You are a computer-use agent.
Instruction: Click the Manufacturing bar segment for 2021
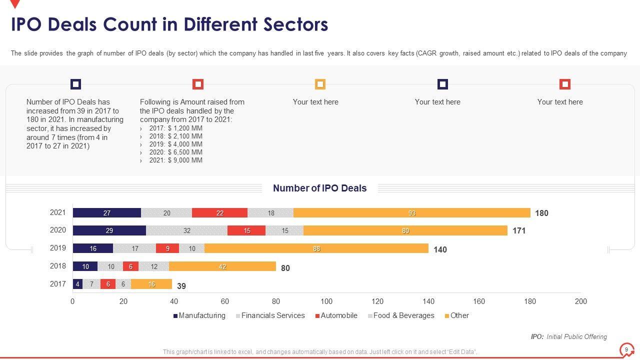pyautogui.click(x=107, y=213)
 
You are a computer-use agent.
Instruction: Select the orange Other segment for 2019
pyautogui.click(x=316, y=248)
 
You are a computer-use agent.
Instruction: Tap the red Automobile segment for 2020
pyautogui.click(x=246, y=230)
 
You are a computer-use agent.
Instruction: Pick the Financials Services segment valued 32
pyautogui.click(x=187, y=230)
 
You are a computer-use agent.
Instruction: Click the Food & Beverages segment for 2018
pyautogui.click(x=154, y=266)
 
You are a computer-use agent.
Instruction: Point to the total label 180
pyautogui.click(x=541, y=213)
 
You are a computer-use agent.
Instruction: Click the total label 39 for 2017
pyautogui.click(x=181, y=286)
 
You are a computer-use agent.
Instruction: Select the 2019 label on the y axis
pyautogui.click(x=58, y=248)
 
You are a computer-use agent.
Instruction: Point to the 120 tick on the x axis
pyautogui.click(x=377, y=301)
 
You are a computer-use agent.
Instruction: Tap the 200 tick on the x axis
pyautogui.click(x=581, y=301)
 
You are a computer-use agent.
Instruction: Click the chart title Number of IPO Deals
pyautogui.click(x=320, y=188)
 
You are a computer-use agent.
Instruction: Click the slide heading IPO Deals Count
pyautogui.click(x=169, y=24)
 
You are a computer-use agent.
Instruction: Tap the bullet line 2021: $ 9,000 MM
pyautogui.click(x=175, y=160)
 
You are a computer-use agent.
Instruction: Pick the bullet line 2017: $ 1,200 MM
pyautogui.click(x=175, y=128)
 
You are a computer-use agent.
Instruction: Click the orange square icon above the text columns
pyautogui.click(x=320, y=84)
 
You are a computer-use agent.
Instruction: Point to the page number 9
pyautogui.click(x=626, y=350)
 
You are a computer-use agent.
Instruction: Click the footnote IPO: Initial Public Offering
pyautogui.click(x=569, y=337)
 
